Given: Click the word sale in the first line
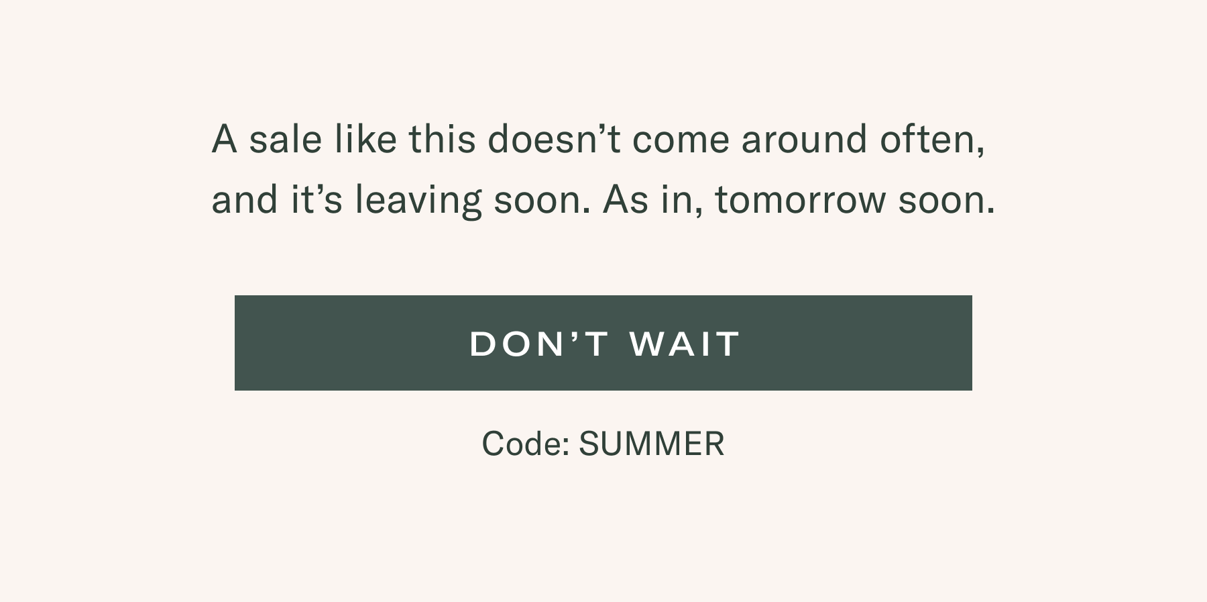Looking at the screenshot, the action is pyautogui.click(x=286, y=139).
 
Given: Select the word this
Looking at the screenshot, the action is pyautogui.click(x=442, y=139).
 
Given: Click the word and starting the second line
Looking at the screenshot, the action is pyautogui.click(x=245, y=199).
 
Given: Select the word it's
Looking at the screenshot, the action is pyautogui.click(x=317, y=199).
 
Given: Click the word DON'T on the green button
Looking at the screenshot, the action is pyautogui.click(x=540, y=344).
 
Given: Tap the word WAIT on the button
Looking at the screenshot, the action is pyautogui.click(x=685, y=344).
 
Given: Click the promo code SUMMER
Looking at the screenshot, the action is pyautogui.click(x=652, y=444).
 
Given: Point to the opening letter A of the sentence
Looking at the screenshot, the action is pyautogui.click(x=225, y=139).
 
